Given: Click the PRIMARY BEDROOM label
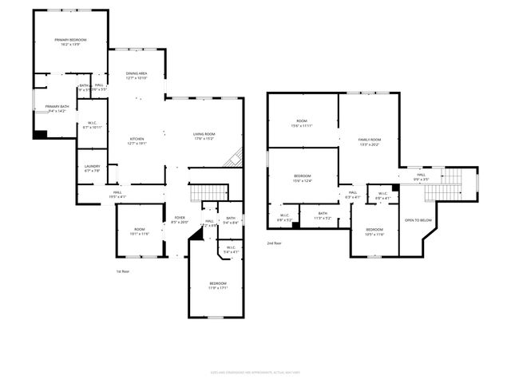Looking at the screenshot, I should click(x=70, y=39).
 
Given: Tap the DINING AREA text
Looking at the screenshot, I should click(x=137, y=73).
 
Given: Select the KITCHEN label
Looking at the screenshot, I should click(x=137, y=139).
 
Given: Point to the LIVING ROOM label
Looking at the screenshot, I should click(x=204, y=133).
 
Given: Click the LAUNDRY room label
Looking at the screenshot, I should click(x=92, y=166).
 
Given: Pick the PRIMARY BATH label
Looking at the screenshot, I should click(x=57, y=106).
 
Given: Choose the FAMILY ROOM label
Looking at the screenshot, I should click(x=369, y=140).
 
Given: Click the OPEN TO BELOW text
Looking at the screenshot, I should click(x=418, y=220).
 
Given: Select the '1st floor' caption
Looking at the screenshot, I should click(x=124, y=271).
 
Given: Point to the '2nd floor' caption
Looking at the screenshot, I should click(x=275, y=243).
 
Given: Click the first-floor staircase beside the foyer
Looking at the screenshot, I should click(x=209, y=192).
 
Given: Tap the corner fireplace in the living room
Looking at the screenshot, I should click(x=232, y=158).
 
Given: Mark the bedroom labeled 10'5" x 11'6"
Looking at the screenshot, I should click(x=374, y=234).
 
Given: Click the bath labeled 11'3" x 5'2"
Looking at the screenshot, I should click(x=323, y=215).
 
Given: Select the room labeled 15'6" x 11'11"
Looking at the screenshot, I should click(x=302, y=126).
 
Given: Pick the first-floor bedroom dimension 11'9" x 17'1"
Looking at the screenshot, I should click(x=218, y=287).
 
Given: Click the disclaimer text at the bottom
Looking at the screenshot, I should click(x=255, y=372).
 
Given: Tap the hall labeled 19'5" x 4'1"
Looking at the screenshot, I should click(x=117, y=195).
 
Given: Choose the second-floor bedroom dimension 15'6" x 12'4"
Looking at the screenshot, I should click(x=302, y=180).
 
